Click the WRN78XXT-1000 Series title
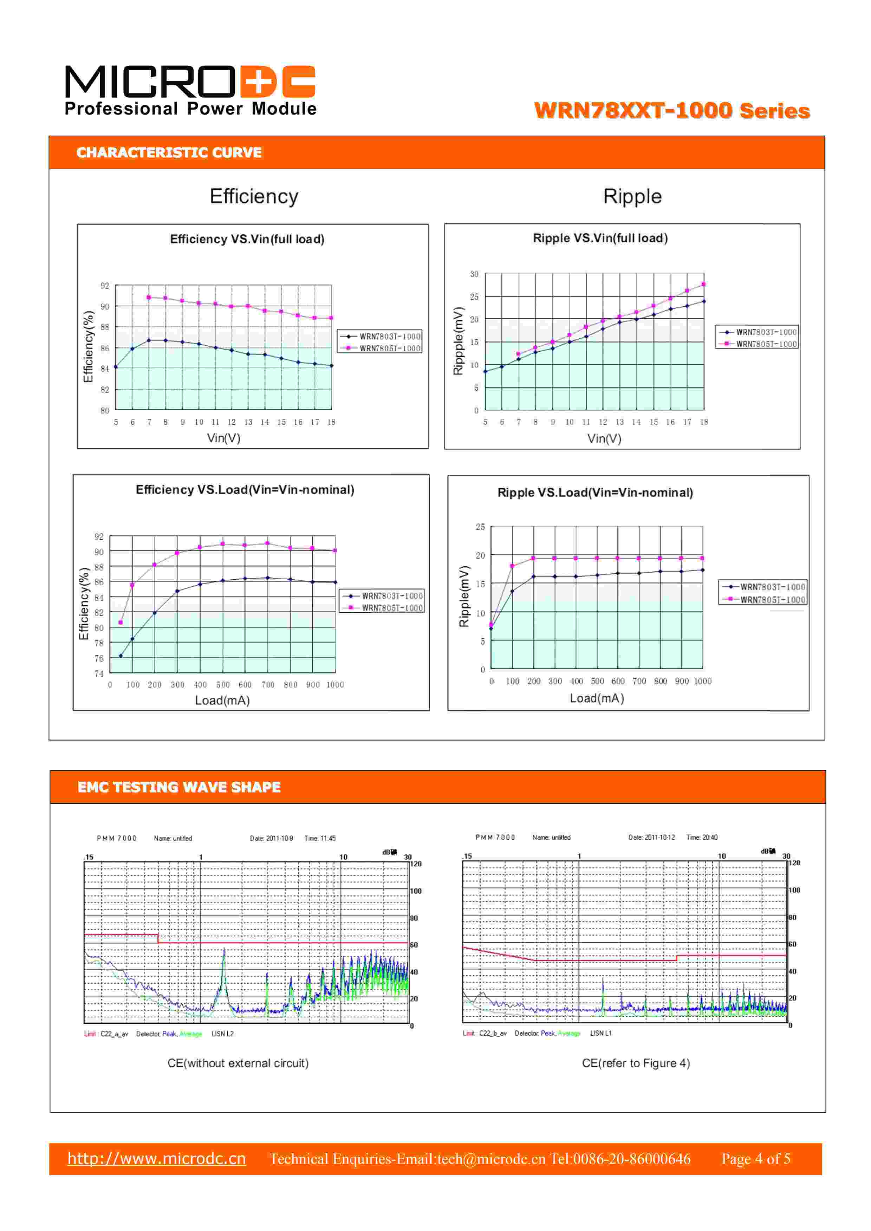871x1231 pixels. [671, 111]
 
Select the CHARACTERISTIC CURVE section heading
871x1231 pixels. [169, 153]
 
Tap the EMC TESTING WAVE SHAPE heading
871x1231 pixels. [179, 787]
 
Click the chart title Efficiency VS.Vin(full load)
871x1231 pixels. [247, 239]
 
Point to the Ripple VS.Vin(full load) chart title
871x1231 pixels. [600, 238]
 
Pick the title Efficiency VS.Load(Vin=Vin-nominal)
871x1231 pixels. [245, 489]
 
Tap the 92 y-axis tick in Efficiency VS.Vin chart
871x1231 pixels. [105, 286]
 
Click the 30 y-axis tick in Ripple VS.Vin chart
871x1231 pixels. [474, 274]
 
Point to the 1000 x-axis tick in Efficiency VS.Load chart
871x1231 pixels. [335, 685]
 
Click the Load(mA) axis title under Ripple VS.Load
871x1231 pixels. [596, 698]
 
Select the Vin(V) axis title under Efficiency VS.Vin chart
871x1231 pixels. [224, 438]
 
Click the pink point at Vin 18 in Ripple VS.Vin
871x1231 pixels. [704, 284]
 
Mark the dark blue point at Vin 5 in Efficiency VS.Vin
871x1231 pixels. [116, 367]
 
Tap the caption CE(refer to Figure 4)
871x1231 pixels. [636, 1063]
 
